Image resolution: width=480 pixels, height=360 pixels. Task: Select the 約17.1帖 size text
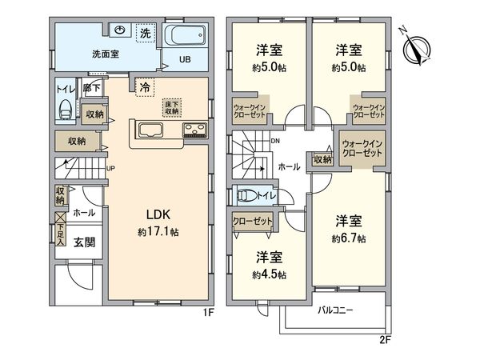tap(158, 232)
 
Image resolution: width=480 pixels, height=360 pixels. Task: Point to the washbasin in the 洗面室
tap(121, 31)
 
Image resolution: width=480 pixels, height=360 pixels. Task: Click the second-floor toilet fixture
tap(249, 194)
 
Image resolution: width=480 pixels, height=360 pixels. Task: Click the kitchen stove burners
tap(194, 130)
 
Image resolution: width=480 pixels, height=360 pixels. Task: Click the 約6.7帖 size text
tap(350, 238)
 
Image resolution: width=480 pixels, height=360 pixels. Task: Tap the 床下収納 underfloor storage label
tap(172, 106)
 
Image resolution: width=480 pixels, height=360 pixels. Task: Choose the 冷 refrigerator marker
tap(144, 86)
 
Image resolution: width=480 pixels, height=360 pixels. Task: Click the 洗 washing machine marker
tap(146, 34)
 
